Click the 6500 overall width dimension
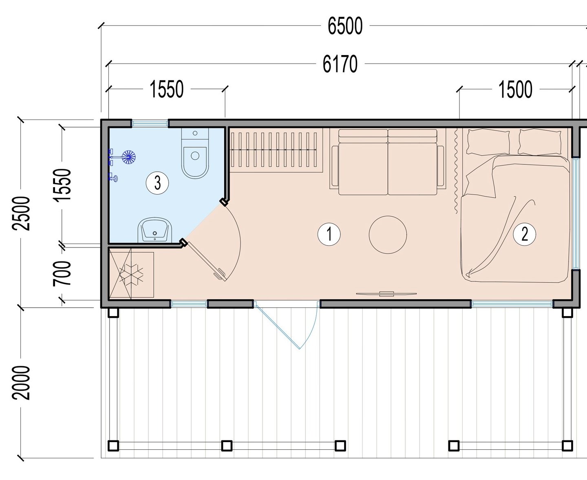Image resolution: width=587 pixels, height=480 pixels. pos(345,26)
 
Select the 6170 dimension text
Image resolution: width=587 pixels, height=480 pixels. pos(340,64)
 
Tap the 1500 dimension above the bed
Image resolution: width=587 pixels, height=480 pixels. pos(515,90)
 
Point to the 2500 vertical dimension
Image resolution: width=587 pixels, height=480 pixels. pos(21,214)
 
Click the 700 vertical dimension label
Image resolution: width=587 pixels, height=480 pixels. pos(62,273)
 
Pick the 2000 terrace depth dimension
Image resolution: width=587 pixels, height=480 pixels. pos(21,383)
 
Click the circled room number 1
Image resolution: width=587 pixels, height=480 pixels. pos(329,234)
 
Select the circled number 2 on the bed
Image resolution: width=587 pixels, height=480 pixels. pos(525,234)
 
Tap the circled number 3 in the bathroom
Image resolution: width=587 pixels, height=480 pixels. pos(157,183)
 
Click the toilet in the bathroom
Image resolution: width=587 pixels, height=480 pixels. pos(195,153)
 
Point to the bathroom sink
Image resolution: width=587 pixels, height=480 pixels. pos(155,230)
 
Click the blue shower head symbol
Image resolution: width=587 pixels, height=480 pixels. pos(129,157)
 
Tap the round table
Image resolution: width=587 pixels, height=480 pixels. pos(388,235)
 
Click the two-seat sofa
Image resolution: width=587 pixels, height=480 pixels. pos(388,162)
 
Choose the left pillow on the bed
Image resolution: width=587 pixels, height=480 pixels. pos(488,142)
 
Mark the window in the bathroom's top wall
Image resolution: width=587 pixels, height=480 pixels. pos(150,123)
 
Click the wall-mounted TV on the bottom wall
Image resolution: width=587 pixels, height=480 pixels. pos(386,294)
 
